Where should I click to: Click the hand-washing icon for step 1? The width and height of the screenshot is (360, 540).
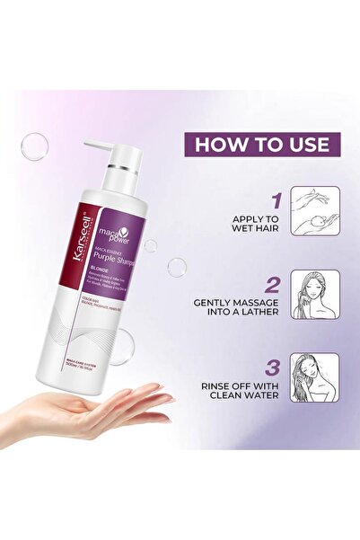coord(315,210)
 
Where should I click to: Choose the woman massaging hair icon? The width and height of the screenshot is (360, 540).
coord(315,294)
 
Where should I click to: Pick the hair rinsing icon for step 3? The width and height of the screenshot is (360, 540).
coord(315,377)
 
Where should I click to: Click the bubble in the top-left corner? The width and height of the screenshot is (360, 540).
coord(34,146)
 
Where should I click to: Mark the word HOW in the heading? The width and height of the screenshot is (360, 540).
coord(217,144)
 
